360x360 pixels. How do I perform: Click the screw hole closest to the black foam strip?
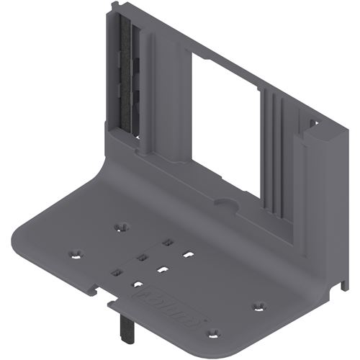pyautogui.click(x=122, y=226)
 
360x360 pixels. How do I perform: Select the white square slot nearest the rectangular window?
pyautogui.click(x=188, y=253)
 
